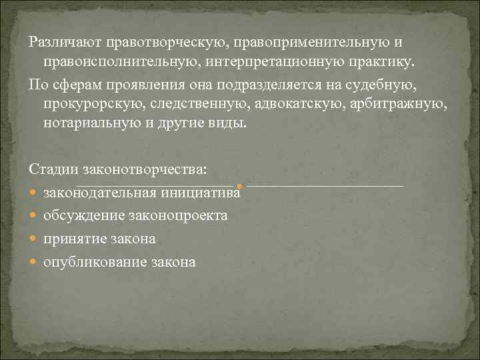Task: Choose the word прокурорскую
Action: click(x=93, y=104)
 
